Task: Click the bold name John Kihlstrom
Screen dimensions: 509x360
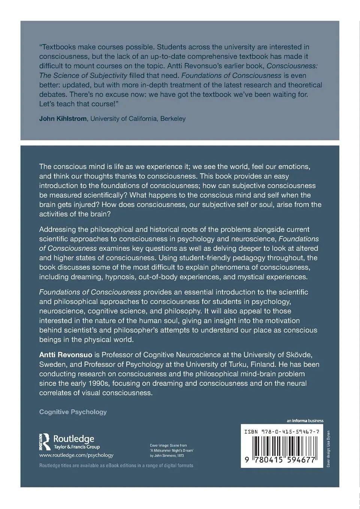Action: point(63,119)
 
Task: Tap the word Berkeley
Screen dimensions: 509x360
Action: point(173,119)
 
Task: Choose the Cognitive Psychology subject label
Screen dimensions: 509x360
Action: point(73,412)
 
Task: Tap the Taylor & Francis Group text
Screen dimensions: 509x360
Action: point(77,447)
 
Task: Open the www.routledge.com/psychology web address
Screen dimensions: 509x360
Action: point(76,455)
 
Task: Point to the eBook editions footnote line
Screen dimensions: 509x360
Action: point(116,466)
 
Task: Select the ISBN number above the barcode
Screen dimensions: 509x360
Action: point(282,432)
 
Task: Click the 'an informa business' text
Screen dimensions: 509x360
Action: point(305,421)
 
